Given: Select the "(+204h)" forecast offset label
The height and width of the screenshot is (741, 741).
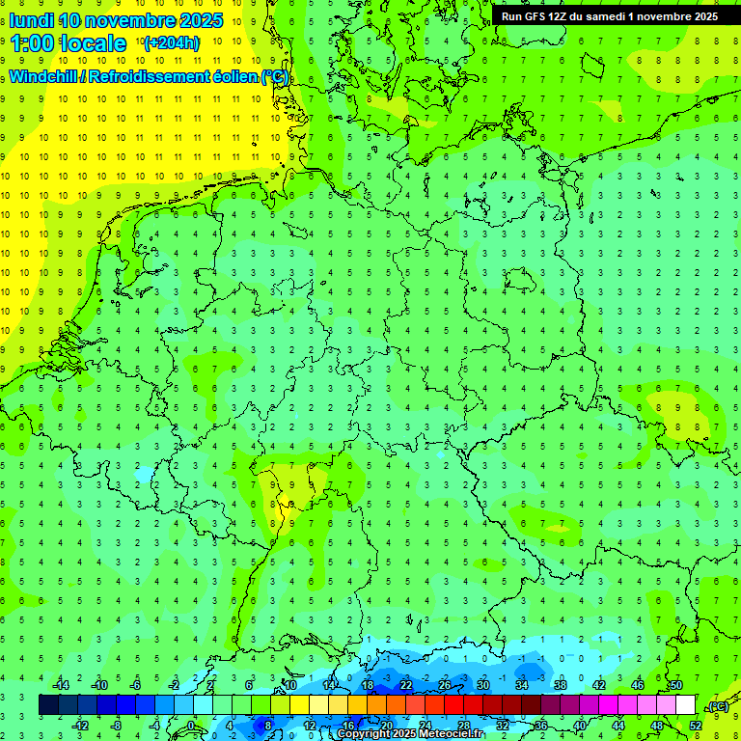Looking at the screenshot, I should pos(171,43).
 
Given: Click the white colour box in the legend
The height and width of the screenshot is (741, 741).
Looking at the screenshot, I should pos(685,705).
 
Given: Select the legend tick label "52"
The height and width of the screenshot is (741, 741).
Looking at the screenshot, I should pos(696,726).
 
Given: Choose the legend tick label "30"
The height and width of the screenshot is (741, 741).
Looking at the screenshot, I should pos(482,685).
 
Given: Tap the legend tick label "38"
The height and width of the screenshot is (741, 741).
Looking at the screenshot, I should pos(560,685).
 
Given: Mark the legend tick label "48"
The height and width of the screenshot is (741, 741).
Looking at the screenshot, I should pos(657,726).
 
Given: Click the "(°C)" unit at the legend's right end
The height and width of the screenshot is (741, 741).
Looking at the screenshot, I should pos(717,706).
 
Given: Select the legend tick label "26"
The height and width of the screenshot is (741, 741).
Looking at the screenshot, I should pos(444,685).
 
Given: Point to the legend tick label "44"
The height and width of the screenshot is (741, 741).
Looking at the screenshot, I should pos(618,726).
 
